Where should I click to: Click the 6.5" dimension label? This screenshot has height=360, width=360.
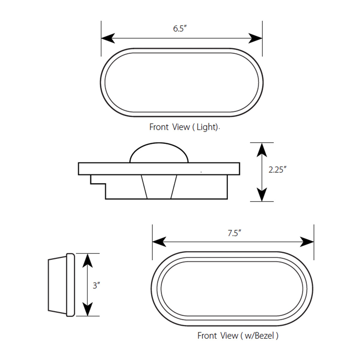(x=180, y=29)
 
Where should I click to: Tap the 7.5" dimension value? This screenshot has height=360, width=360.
(x=234, y=233)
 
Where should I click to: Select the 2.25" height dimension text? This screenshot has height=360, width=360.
(x=277, y=170)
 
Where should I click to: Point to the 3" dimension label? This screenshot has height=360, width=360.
(x=96, y=285)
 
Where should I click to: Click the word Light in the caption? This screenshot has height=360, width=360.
(x=206, y=127)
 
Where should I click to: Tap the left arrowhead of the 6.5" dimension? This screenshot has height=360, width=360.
(x=108, y=38)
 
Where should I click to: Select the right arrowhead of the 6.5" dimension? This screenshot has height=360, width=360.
(x=256, y=38)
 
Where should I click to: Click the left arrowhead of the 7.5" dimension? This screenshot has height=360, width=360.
(x=159, y=242)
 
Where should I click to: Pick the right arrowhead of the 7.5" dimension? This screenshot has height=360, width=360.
(x=307, y=242)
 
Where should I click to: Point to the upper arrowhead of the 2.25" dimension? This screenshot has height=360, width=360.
(x=262, y=150)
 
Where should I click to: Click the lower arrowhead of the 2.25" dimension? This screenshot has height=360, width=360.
(x=262, y=194)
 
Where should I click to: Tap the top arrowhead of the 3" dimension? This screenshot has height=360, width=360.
(x=87, y=260)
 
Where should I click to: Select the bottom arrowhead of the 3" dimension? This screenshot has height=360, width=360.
(x=87, y=309)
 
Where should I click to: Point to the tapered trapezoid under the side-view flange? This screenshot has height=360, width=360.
(x=159, y=187)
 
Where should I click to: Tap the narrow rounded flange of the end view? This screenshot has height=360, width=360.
(x=70, y=284)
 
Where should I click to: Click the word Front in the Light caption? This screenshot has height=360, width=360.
(x=159, y=127)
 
